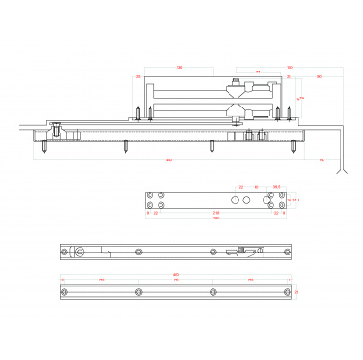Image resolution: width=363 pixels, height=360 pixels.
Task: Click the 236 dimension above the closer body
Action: tap(179, 67)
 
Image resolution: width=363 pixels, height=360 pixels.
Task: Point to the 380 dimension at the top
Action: tap(290, 67)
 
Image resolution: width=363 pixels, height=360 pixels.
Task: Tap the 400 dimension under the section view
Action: tap(169, 160)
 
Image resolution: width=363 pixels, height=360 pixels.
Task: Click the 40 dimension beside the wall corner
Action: tap(322, 160)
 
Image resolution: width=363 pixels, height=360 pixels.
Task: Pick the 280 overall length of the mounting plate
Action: tap(215, 219)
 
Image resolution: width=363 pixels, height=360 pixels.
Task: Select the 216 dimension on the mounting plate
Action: tap(215, 213)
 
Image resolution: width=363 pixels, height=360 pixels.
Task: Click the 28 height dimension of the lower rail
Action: tap(297, 292)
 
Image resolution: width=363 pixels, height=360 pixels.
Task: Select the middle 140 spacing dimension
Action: tap(175, 279)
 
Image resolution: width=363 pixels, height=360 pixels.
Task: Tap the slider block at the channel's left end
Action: tap(56, 131)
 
